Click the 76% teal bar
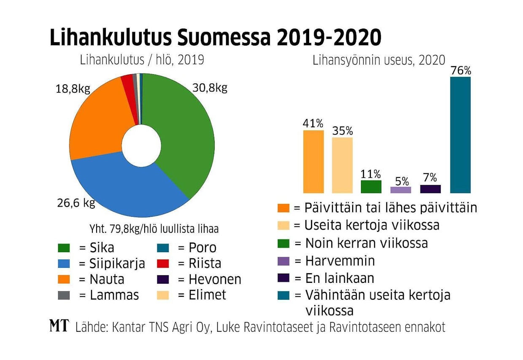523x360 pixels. pos(460,135)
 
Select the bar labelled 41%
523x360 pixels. pos(313,161)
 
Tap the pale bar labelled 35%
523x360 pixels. pos(342,165)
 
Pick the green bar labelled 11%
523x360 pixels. pos(371,186)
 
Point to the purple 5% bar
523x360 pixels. pos(401,190)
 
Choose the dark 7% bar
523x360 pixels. pos(430,189)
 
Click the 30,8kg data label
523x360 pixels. pos(210,88)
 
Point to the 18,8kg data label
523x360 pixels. pos(73,89)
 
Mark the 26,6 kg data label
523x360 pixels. pos(76,203)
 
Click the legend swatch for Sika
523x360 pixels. pos(64,247)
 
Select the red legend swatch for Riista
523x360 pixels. pos(162,263)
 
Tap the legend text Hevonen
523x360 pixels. pos(215,279)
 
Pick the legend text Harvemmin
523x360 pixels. pos(340,261)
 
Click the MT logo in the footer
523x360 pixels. pos(59,326)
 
